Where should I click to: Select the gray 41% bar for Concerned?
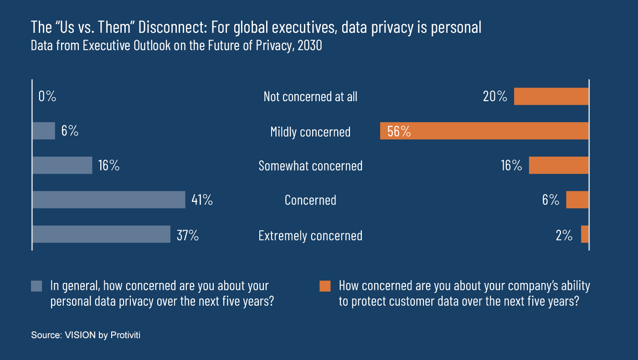point(109,200)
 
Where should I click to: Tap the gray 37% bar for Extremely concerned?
point(101,234)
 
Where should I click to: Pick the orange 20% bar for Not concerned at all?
point(551,97)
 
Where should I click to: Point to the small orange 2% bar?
point(585,234)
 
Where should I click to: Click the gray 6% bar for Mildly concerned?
point(44,131)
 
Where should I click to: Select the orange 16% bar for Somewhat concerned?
point(559,165)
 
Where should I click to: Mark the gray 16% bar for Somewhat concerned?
point(62,165)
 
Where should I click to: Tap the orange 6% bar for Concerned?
point(577,200)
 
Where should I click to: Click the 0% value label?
point(47,97)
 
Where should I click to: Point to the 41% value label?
point(202,200)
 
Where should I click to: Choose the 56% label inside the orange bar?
point(399,131)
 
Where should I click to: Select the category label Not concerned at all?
point(310,97)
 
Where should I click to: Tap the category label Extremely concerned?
point(310,235)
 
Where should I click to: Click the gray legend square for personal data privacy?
point(36,286)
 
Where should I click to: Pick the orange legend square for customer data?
point(325,286)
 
